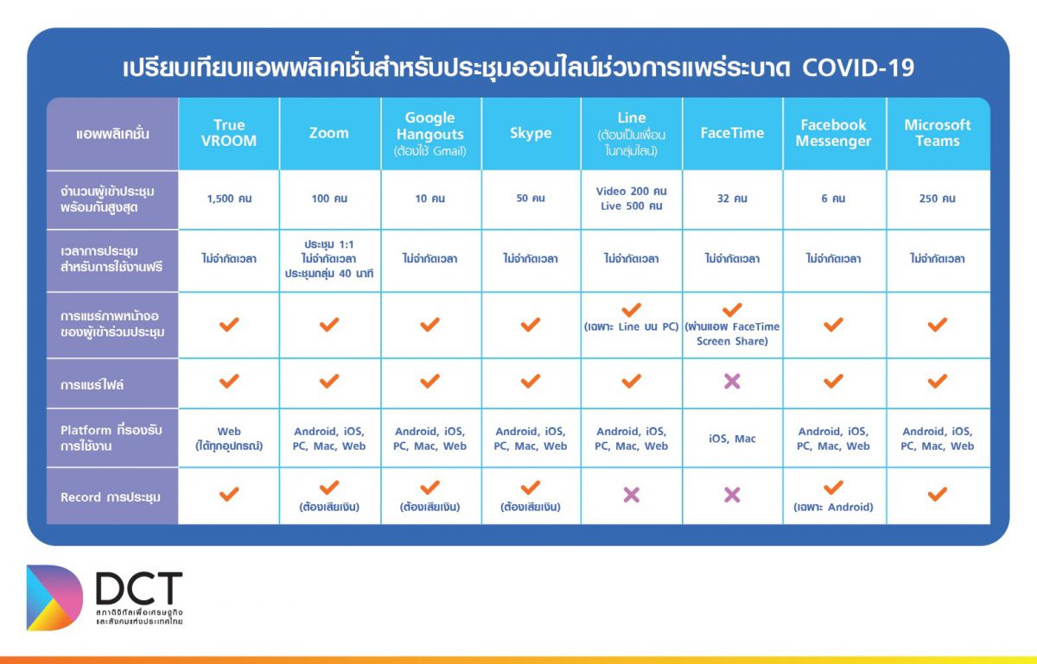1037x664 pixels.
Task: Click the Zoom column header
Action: pos(329,133)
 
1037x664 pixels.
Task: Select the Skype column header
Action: pos(531,133)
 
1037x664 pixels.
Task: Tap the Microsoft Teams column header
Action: pos(938,133)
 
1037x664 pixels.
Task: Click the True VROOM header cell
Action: pos(229,133)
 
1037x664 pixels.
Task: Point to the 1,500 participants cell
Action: pos(229,199)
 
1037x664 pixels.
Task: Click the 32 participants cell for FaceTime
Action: pos(732,199)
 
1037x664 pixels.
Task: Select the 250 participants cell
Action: pos(938,199)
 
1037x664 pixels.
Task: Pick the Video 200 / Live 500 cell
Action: pos(632,199)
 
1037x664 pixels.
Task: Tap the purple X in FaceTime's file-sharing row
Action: pos(732,382)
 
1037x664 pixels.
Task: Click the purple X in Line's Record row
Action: pos(632,495)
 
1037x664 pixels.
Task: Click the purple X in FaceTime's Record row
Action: pos(732,495)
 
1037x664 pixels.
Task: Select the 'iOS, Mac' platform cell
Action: pos(732,438)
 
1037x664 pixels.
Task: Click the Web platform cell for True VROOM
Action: pos(229,438)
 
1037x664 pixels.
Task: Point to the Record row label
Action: pos(111,497)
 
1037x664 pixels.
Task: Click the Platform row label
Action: pos(111,438)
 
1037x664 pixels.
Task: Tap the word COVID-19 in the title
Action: pos(858,67)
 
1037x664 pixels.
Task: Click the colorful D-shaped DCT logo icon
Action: pos(54,598)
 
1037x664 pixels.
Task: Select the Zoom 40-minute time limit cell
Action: pos(329,259)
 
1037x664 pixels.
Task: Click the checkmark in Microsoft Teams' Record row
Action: pos(938,494)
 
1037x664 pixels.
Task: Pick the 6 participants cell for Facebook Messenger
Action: pos(833,199)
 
